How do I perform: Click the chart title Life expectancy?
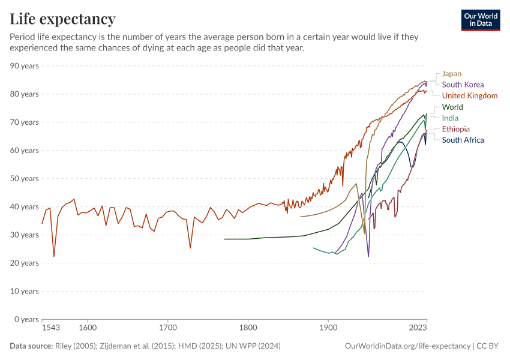(x=62, y=19)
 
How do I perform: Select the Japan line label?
(x=452, y=74)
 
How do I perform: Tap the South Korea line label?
(x=463, y=85)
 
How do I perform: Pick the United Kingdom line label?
(x=469, y=95)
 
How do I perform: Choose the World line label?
(x=452, y=107)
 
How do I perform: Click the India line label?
(x=450, y=118)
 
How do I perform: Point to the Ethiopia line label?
(x=456, y=129)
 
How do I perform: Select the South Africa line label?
(x=463, y=140)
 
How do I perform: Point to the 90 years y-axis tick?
(x=25, y=66)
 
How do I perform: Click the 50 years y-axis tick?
(x=25, y=179)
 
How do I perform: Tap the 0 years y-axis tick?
(x=27, y=319)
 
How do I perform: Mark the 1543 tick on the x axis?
(x=51, y=328)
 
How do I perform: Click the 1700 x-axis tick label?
(x=167, y=328)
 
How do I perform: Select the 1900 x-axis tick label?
(x=328, y=328)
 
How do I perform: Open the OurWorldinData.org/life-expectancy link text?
(x=407, y=346)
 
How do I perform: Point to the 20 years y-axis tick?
(x=25, y=263)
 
